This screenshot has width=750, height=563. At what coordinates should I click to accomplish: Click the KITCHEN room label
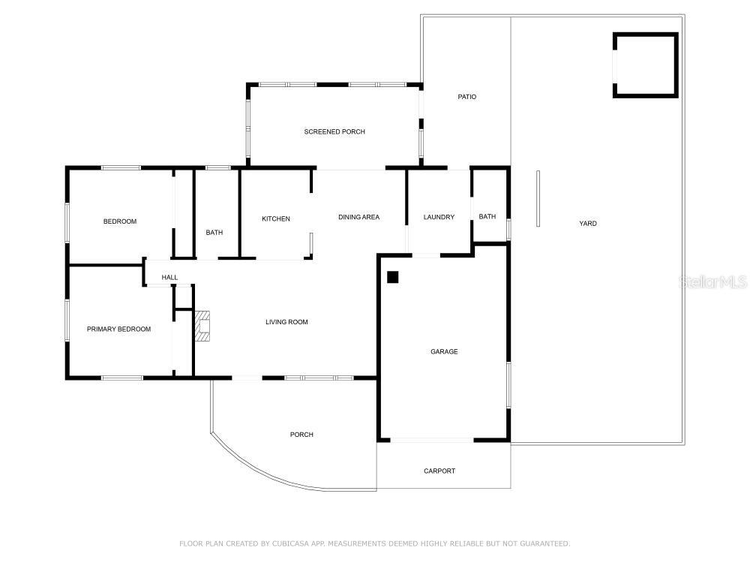click(x=276, y=218)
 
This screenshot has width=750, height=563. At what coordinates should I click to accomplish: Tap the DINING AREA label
click(x=358, y=217)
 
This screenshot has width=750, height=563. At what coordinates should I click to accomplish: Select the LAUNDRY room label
click(x=439, y=217)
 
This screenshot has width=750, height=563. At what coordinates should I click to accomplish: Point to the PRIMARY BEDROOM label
click(x=118, y=329)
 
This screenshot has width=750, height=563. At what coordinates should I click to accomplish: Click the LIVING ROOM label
click(x=286, y=322)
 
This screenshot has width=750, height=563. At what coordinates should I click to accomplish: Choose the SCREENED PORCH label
click(x=334, y=131)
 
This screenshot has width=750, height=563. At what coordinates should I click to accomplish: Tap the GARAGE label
click(x=444, y=351)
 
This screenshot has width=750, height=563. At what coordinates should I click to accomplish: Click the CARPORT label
click(x=439, y=471)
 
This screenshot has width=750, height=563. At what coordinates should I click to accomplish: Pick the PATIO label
click(x=466, y=97)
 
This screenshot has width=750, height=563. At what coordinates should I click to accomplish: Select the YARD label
click(x=588, y=223)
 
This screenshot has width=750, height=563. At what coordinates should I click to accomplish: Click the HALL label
click(x=169, y=277)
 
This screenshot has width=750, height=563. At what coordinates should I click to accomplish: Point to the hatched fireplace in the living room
click(x=202, y=326)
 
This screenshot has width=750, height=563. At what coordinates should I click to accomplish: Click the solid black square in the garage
click(x=393, y=277)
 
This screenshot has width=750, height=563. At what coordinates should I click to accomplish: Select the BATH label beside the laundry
click(x=487, y=216)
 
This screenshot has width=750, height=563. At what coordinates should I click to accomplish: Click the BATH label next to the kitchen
click(x=214, y=232)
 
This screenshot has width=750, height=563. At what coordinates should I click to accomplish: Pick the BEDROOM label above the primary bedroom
click(x=119, y=221)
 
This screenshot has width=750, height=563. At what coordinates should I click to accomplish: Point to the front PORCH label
click(x=301, y=434)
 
